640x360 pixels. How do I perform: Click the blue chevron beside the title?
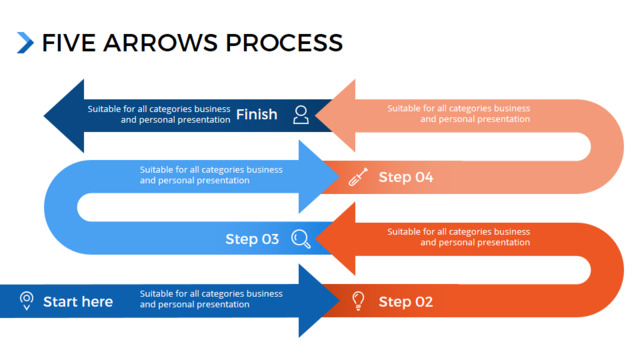[x=25, y=42]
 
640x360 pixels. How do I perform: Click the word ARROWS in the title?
[x=160, y=43]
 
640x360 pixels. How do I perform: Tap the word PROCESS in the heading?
[x=284, y=43]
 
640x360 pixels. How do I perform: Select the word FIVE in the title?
[x=69, y=43]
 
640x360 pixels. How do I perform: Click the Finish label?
[x=257, y=114]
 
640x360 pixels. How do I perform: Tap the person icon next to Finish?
[x=301, y=115]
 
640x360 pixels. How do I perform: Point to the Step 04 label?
[x=406, y=177]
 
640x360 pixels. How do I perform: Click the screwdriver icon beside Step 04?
[x=358, y=177]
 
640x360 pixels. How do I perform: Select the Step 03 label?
[x=252, y=239]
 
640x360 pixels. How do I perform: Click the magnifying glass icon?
[x=301, y=239]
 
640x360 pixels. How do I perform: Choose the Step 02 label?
[x=406, y=302]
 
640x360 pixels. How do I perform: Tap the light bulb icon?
[x=358, y=301]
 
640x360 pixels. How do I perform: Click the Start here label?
[x=78, y=302]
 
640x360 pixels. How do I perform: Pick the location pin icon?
[x=27, y=301]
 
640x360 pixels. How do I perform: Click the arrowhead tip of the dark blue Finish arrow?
[x=44, y=116]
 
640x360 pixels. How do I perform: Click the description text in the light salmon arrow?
[x=458, y=114]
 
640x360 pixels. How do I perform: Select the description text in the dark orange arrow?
[x=458, y=237]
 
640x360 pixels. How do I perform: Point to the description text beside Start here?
[x=211, y=299]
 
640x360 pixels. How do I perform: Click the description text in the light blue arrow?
[x=211, y=175]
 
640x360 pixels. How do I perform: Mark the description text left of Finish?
[x=159, y=114]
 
